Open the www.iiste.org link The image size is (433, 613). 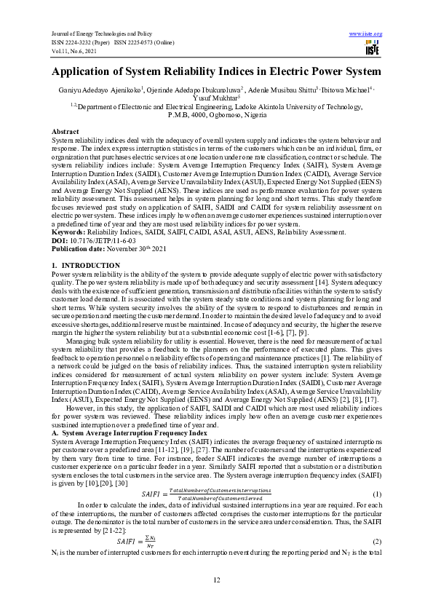pyautogui.click(x=366, y=34)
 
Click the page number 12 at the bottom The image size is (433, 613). pyautogui.click(x=216, y=579)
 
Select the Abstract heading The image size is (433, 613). pyautogui.click(x=65, y=130)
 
